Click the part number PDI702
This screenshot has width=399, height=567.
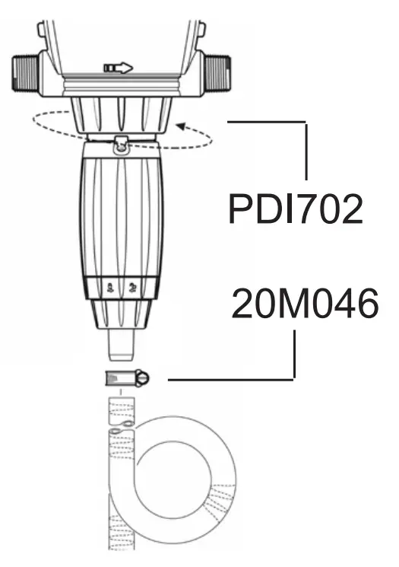pos(296,210)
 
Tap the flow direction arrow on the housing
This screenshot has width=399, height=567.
pos(118,68)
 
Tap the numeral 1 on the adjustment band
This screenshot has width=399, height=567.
pos(111,288)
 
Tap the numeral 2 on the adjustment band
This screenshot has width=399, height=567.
pos(133,288)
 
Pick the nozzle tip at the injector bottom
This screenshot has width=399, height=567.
pos(121,346)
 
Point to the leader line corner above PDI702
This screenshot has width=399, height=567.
pos(306,121)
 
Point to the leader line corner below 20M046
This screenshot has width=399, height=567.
pos(293,377)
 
